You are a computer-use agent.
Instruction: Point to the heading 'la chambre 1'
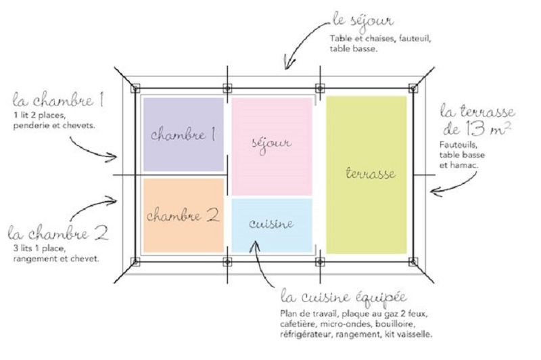(57, 102)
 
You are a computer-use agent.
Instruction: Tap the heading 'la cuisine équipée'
(342, 298)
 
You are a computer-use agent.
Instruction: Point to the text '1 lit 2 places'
(37, 115)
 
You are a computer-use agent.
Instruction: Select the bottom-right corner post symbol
(413, 261)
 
